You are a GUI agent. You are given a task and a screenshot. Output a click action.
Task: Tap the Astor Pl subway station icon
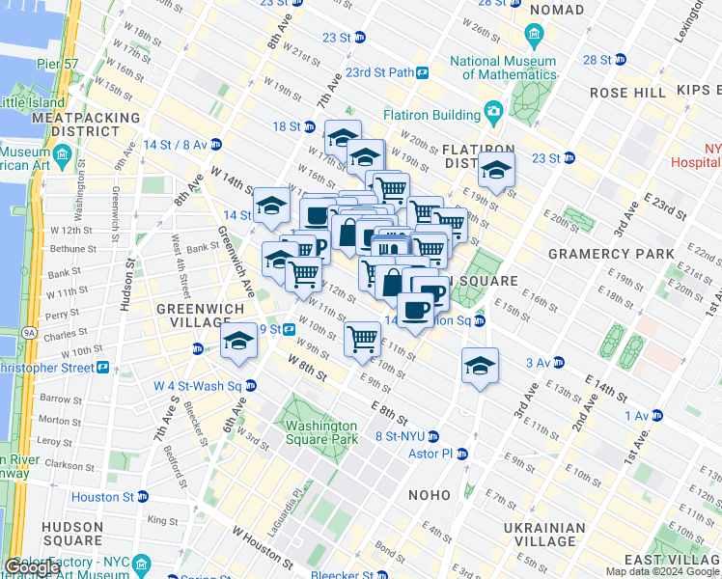[462, 454]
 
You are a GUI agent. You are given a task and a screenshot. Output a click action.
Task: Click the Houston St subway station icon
[143, 497]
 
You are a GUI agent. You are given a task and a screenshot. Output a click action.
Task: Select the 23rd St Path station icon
[423, 72]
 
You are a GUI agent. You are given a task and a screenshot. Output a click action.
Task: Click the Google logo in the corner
[32, 567]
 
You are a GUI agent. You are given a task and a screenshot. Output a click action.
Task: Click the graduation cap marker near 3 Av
[480, 366]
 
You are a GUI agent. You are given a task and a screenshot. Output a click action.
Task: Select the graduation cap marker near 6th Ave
[239, 342]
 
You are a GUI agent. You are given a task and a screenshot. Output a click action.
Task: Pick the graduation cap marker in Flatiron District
[496, 170]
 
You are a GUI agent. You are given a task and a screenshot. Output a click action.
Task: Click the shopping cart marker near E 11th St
[362, 339]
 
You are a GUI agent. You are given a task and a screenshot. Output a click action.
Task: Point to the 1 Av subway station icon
[657, 416]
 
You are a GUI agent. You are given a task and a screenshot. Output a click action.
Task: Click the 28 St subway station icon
[623, 60]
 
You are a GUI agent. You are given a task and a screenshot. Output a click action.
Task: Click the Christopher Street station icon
[102, 369]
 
